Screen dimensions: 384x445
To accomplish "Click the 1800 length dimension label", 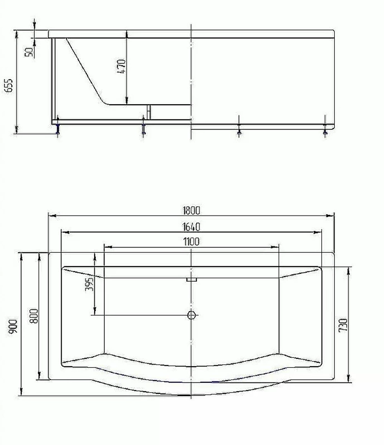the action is [191, 211].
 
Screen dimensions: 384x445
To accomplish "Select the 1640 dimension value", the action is [191, 227].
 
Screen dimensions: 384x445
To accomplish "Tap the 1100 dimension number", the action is [191, 242].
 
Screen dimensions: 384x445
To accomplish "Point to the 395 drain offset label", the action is [89, 284].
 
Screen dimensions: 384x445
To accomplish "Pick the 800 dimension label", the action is [34, 316].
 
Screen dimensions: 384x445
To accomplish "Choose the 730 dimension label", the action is [343, 325].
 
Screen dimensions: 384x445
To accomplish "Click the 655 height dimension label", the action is [9, 85].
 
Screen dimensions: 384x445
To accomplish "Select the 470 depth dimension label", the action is [121, 66].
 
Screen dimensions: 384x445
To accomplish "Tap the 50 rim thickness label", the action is [29, 52].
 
